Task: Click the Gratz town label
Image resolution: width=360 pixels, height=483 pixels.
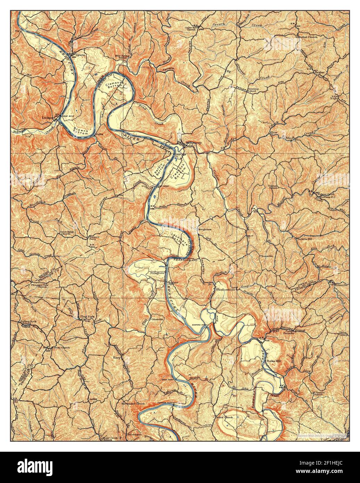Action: click(x=80, y=55)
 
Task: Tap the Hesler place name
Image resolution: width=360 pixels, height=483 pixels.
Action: click(x=319, y=72)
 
